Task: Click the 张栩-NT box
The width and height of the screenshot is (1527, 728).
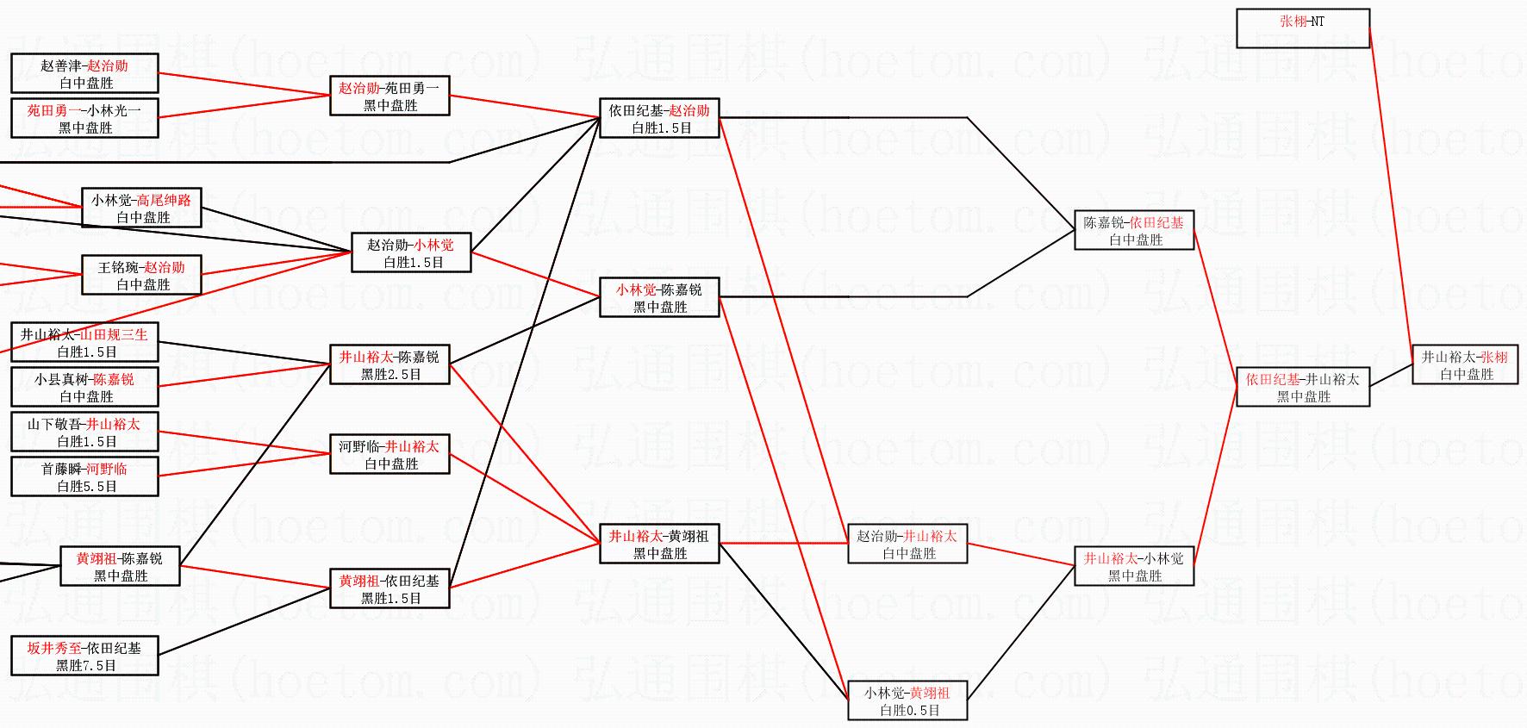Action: [1302, 28]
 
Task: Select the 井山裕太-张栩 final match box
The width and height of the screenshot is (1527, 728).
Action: [1464, 364]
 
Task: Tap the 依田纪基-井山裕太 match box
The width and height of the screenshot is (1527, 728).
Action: [1302, 387]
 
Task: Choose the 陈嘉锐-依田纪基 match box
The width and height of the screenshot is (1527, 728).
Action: [1133, 230]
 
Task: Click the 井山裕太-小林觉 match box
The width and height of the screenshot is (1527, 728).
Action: [1133, 566]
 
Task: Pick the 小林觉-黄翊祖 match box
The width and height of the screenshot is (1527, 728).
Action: [907, 700]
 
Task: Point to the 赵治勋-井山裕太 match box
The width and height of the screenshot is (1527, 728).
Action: [907, 544]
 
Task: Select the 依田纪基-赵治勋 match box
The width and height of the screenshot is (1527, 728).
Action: [659, 118]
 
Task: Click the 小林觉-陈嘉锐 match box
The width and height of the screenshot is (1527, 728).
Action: [659, 297]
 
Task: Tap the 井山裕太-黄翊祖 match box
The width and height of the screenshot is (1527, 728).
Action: [659, 544]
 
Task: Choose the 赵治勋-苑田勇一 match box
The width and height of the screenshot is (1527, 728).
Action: [390, 96]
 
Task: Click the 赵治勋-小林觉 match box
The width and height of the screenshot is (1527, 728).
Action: [411, 252]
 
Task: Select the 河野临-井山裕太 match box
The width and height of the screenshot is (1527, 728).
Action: [390, 454]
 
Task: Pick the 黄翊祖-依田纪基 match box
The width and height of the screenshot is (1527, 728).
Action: [390, 588]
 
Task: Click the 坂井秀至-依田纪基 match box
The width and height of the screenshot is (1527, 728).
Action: [84, 656]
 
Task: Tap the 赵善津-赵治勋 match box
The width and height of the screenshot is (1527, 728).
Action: [84, 73]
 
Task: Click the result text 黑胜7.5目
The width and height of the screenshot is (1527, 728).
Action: [85, 666]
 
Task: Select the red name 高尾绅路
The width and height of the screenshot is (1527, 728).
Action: [164, 201]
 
